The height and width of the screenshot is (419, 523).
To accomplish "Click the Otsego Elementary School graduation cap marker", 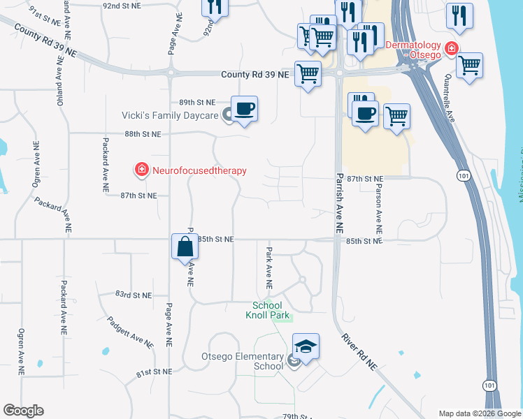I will click(x=306, y=346).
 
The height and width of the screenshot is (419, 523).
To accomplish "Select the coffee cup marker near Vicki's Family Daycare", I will click(x=244, y=109).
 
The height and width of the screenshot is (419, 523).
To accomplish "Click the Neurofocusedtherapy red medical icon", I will click(x=141, y=169).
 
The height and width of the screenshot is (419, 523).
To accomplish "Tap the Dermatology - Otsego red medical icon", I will click(x=452, y=48).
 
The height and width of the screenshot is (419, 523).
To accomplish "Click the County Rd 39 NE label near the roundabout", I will click(x=255, y=74).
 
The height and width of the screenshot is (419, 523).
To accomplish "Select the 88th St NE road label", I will click(x=143, y=133).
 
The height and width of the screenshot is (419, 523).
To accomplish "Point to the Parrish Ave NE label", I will click(x=338, y=203).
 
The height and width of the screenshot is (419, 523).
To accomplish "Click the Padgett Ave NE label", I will click(x=129, y=332).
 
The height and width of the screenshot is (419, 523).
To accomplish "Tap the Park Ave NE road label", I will click(x=267, y=267).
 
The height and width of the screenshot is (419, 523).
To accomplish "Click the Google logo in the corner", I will click(x=23, y=411).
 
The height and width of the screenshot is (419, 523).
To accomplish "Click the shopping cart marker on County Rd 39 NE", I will click(x=308, y=73).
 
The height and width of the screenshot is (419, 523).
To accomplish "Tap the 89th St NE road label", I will click(x=197, y=102).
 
